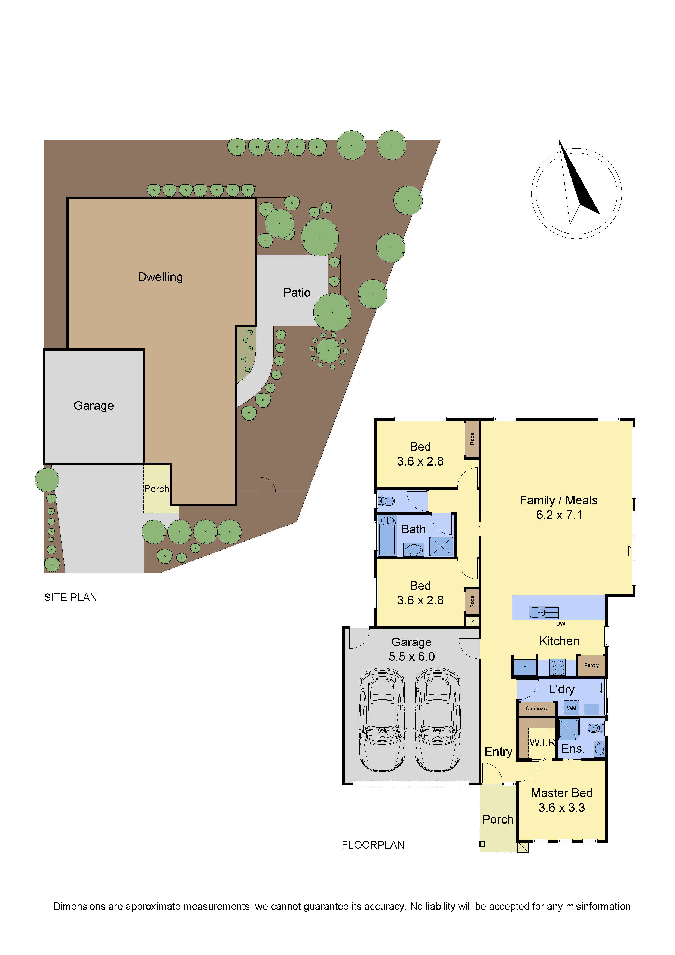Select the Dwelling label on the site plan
click(160, 277)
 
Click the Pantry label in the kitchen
click(591, 665)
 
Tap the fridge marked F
click(524, 668)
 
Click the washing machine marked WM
click(572, 708)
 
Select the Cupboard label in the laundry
click(537, 708)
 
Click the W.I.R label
click(542, 742)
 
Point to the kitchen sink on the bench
click(543, 612)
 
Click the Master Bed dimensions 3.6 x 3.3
click(561, 807)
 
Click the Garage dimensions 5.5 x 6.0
click(411, 656)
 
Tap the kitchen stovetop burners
click(557, 668)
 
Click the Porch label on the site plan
click(156, 489)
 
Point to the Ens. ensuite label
click(573, 749)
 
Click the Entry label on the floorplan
click(498, 752)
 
